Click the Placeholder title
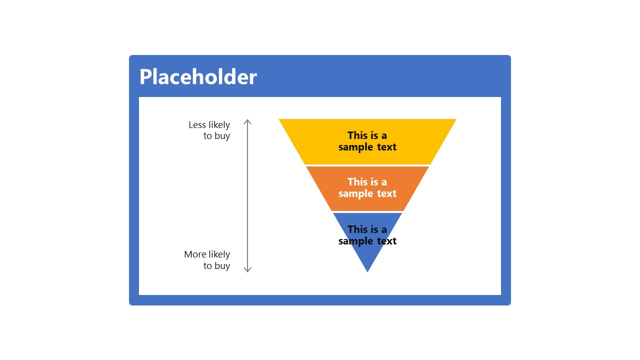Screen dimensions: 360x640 coord(198,77)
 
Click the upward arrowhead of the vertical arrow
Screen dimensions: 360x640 coord(247,121)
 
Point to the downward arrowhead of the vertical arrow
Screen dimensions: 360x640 coord(247,269)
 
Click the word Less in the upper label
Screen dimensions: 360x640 coord(197,125)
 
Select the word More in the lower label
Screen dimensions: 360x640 coord(195,254)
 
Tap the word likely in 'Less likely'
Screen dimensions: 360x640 coord(219,125)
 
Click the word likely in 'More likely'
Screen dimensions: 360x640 coord(219,254)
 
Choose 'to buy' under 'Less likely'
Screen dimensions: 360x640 coord(216,136)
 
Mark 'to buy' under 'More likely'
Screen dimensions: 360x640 coord(216,266)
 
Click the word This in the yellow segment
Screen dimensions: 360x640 coord(357,135)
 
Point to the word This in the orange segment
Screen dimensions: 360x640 coord(357,182)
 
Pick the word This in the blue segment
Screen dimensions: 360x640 coord(357,229)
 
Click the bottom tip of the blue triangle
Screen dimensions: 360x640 coord(367,270)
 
